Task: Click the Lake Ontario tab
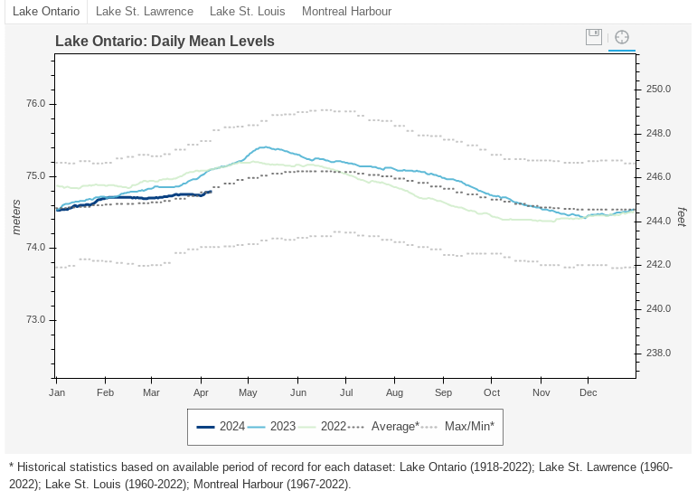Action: coord(44,12)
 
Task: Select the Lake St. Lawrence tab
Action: coord(144,12)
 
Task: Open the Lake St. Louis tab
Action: coord(247,12)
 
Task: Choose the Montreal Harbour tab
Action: coord(346,12)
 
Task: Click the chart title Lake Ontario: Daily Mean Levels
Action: coord(165,41)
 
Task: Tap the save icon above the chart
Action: coord(594,37)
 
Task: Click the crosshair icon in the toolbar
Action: coord(621,37)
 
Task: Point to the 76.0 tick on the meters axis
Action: coord(36,104)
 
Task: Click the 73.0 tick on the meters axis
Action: coord(36,320)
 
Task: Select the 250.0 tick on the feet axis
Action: coord(659,90)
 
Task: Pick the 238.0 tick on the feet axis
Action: coord(659,353)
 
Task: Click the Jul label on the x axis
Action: coord(345,393)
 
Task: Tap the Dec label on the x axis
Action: coord(588,393)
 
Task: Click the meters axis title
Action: coord(15,217)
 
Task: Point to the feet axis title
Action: coord(682,217)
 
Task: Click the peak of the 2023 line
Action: coord(265,146)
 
